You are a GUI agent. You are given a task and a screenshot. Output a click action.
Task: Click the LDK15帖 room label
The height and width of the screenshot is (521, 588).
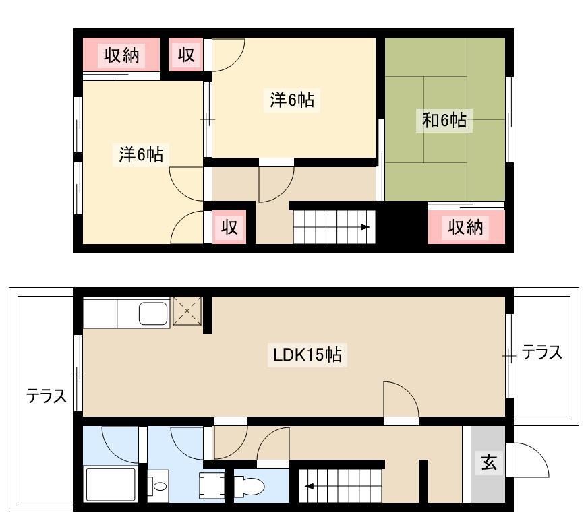[x=307, y=355]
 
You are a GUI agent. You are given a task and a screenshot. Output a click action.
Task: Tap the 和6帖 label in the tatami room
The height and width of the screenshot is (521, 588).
[x=444, y=121]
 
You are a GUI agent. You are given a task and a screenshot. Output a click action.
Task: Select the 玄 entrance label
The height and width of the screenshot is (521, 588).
[x=489, y=462]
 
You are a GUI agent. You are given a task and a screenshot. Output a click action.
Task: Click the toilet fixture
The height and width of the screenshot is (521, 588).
[x=249, y=487]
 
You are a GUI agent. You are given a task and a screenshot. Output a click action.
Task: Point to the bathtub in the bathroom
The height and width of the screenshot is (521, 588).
[x=111, y=484]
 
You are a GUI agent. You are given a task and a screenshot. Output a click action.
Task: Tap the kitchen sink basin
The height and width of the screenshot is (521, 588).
[x=153, y=313]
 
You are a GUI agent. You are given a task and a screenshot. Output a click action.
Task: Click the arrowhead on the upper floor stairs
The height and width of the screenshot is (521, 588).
[x=365, y=227]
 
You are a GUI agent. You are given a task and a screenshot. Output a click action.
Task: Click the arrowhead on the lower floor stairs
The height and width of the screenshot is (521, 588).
[x=309, y=487]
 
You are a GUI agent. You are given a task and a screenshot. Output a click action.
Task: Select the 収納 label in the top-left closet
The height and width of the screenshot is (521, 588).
[x=121, y=56]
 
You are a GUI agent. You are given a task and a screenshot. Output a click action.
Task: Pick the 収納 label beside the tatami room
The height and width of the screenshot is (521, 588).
[x=465, y=226]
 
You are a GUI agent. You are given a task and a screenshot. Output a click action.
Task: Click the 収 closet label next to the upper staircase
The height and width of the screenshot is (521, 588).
[x=229, y=226]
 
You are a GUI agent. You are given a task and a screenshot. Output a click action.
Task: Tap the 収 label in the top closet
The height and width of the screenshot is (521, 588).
[x=186, y=55]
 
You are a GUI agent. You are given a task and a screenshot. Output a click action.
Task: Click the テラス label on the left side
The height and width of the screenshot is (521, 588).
[x=46, y=396]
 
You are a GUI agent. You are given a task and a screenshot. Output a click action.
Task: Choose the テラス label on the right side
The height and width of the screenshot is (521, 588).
[x=542, y=353]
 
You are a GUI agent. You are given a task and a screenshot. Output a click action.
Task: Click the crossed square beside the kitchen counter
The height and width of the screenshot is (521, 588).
[x=187, y=311]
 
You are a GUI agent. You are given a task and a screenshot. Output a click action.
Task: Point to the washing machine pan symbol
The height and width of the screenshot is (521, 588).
[x=212, y=486]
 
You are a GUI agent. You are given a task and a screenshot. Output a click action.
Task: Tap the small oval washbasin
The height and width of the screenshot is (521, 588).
[x=160, y=486]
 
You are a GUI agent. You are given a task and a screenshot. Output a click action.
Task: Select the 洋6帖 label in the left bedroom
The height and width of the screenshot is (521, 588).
[x=141, y=154]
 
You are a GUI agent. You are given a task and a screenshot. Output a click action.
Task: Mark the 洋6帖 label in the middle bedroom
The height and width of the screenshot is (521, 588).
[x=292, y=100]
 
